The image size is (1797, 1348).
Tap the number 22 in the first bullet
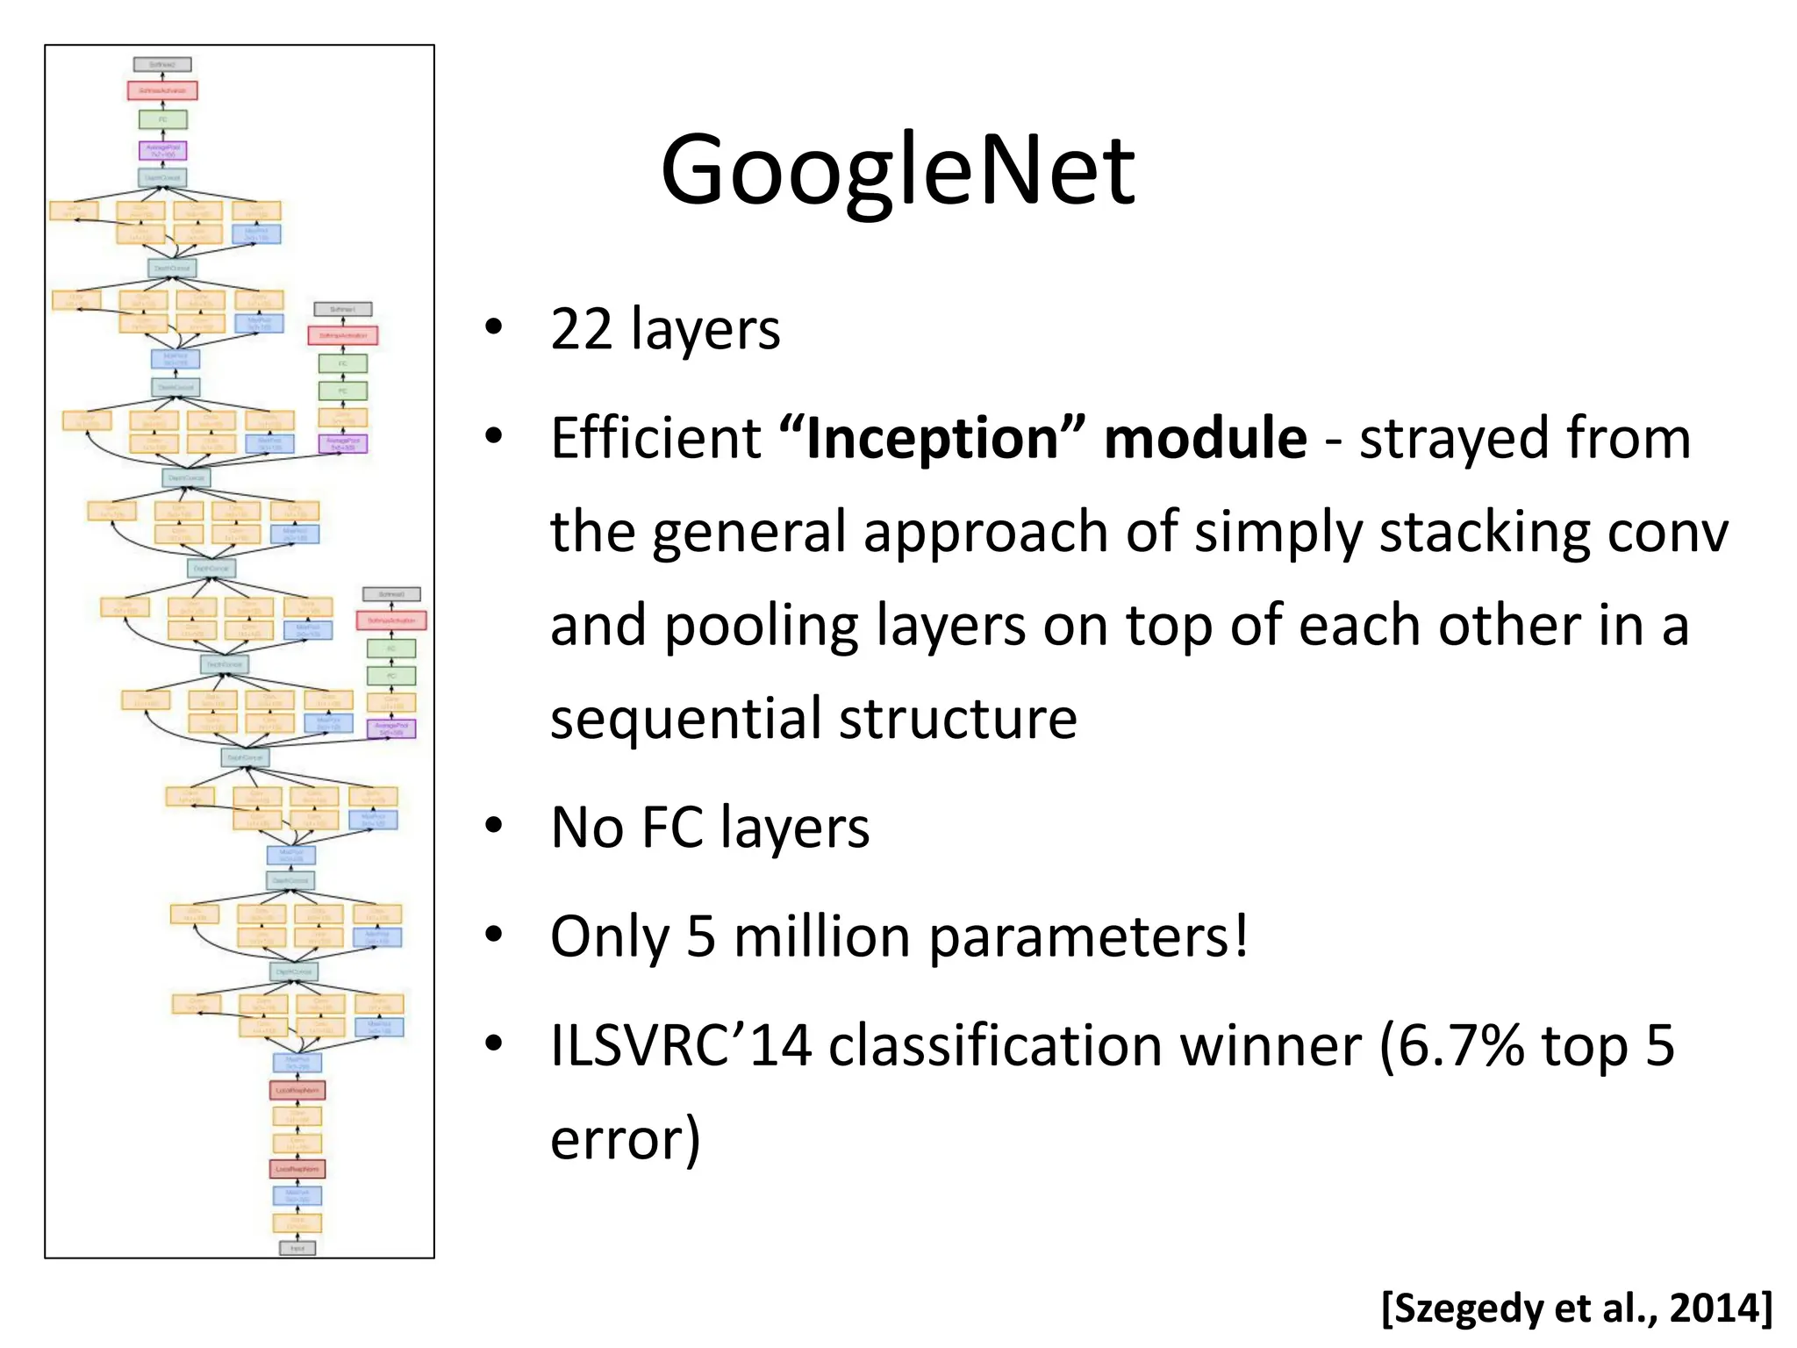click(x=581, y=330)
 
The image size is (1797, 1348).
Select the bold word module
click(x=1205, y=438)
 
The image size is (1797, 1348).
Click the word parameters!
click(x=1089, y=936)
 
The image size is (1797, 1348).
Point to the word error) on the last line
click(x=626, y=1139)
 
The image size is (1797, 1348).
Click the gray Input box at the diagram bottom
click(x=297, y=1248)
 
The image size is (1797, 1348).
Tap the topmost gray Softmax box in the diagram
click(x=162, y=65)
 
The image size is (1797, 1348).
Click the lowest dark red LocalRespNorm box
click(x=297, y=1169)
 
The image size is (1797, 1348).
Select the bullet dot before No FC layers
click(x=494, y=826)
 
